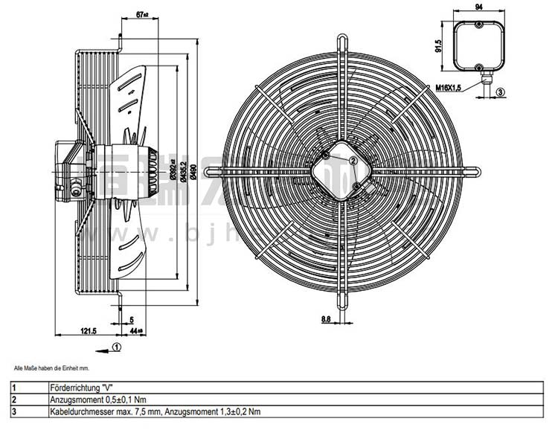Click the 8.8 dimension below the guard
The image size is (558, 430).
point(327,320)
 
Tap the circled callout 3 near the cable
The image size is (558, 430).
point(500,92)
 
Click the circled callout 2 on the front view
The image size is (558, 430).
point(354,158)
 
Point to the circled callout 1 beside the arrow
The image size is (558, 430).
point(118,346)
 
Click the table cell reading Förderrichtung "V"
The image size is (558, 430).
point(79,388)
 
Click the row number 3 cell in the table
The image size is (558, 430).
point(14,411)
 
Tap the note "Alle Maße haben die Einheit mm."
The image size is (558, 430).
point(51,368)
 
